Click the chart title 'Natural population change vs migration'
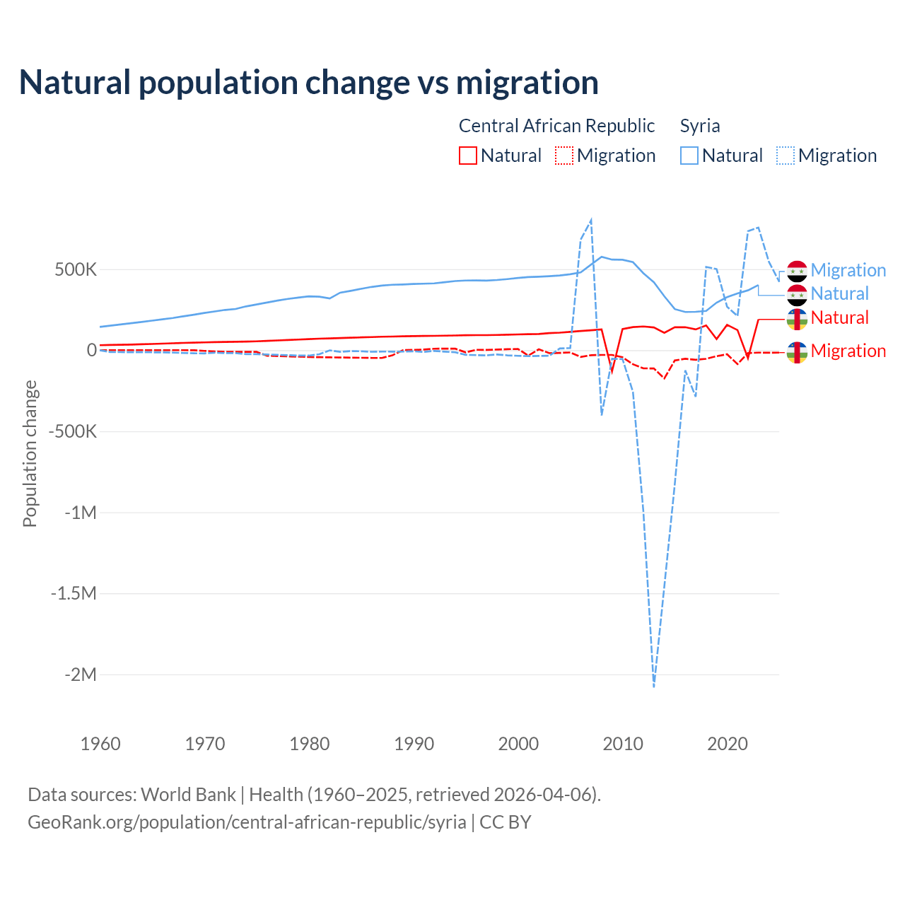coord(309,83)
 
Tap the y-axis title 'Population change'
coord(30,453)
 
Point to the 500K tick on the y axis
coord(76,270)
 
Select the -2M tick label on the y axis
coord(80,675)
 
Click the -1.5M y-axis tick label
coord(74,593)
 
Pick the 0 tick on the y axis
coord(92,351)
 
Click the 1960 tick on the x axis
coord(100,744)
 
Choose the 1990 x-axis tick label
coord(414,744)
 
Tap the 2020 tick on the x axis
coord(728,744)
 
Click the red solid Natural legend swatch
coord(468,156)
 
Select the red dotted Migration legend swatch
coord(564,156)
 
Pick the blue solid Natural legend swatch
coord(689,156)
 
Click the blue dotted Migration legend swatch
coord(786,156)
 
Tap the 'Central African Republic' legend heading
coord(556,126)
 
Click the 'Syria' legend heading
coord(700,126)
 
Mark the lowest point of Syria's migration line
coord(654,686)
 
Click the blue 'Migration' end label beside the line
coord(848,270)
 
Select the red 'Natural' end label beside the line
coord(839,317)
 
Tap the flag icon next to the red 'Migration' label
coord(797,351)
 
